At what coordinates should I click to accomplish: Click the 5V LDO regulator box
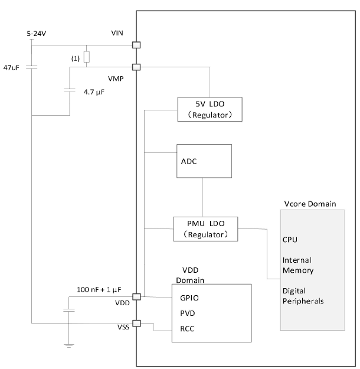[210, 109]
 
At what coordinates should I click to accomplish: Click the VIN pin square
[136, 45]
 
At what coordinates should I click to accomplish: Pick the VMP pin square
[136, 67]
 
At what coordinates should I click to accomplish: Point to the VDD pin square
[136, 297]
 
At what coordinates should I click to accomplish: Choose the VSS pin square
[136, 323]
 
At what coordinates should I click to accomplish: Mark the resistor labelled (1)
[87, 57]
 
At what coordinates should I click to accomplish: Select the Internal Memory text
[297, 265]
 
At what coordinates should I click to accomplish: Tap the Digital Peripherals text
[303, 296]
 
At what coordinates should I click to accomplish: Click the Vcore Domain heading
[310, 204]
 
